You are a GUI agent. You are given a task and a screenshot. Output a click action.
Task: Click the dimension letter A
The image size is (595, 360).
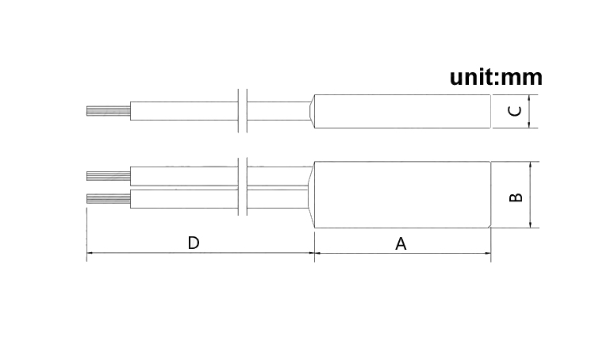tap(401, 243)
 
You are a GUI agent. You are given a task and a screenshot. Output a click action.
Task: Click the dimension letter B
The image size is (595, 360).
tap(516, 197)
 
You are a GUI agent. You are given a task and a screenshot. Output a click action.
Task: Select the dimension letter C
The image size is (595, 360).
tap(515, 111)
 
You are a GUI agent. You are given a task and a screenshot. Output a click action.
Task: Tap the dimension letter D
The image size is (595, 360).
tap(194, 243)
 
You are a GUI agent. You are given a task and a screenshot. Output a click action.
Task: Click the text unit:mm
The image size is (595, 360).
tap(496, 77)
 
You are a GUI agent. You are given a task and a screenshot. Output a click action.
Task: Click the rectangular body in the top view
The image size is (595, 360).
tap(402, 111)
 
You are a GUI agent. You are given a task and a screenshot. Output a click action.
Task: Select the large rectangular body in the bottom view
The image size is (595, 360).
tap(402, 195)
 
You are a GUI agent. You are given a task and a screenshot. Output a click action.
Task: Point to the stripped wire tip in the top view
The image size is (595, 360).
tap(109, 111)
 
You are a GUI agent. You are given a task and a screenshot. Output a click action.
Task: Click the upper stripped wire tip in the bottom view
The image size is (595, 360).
tap(109, 176)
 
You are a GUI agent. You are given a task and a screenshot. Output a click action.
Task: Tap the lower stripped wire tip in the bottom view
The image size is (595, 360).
tap(109, 198)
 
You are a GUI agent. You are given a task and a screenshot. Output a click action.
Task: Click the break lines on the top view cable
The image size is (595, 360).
tap(243, 111)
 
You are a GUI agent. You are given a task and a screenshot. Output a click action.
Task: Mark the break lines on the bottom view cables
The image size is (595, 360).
tap(243, 186)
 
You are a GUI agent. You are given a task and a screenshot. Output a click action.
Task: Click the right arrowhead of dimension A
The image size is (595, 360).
tap(488, 253)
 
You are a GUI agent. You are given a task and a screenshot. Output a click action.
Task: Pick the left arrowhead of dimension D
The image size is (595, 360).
tap(90, 253)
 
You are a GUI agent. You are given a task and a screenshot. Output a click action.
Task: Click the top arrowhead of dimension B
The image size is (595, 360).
tap(530, 165)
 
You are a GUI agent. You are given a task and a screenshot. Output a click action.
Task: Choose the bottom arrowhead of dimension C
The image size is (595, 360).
tap(529, 124)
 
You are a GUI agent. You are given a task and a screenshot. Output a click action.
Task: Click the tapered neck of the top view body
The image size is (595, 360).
tap(312, 111)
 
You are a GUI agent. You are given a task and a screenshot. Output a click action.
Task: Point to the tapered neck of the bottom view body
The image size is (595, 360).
tap(311, 195)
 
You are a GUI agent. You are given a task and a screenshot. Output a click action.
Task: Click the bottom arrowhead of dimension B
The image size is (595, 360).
tap(530, 225)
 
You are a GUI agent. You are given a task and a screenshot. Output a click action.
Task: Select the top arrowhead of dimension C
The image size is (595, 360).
tap(529, 98)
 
